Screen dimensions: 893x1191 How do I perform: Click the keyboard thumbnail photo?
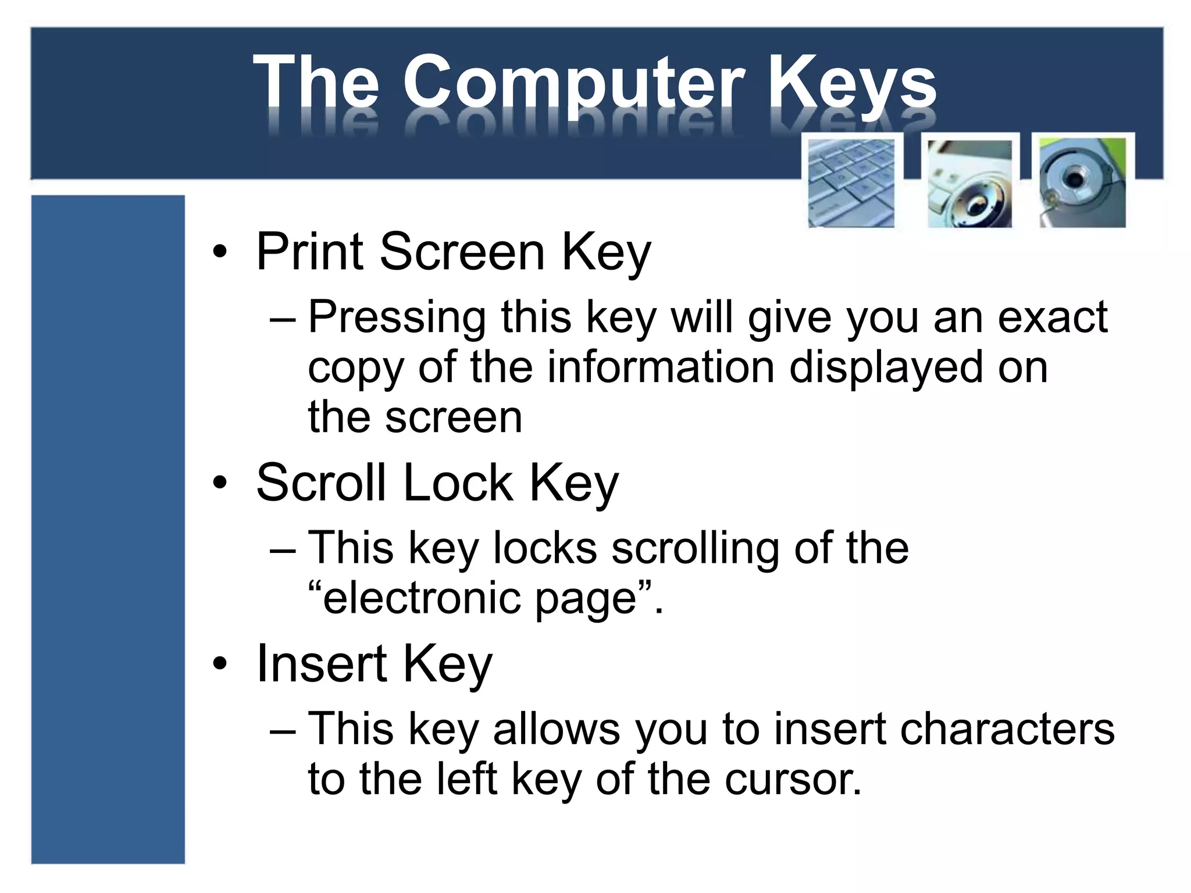pyautogui.click(x=851, y=183)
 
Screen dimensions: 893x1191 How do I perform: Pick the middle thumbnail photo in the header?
pyautogui.click(x=969, y=183)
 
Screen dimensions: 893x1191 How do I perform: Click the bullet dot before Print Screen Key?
pyautogui.click(x=219, y=253)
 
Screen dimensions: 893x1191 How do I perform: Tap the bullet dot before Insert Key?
pyautogui.click(x=219, y=664)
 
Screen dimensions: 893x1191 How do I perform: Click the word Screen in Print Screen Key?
pyautogui.click(x=462, y=252)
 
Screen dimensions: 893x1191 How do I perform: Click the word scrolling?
pyautogui.click(x=695, y=548)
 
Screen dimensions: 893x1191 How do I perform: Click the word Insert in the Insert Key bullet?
pyautogui.click(x=321, y=663)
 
